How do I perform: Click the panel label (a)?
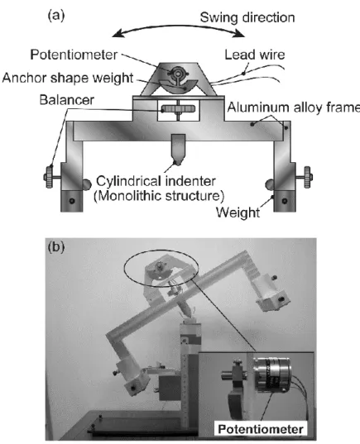coord(56,16)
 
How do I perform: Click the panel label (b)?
coord(56,247)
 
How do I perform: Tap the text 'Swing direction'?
coord(247,17)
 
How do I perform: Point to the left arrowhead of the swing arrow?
coord(117,34)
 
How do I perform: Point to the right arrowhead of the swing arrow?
coord(240,34)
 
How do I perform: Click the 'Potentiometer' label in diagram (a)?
coord(74,55)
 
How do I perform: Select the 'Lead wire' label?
coord(255,55)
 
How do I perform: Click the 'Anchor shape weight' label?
coord(68,78)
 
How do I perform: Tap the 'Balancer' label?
coord(66,100)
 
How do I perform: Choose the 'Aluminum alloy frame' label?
coord(294,107)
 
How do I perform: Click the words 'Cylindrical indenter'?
coord(156,181)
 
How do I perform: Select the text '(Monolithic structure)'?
coord(159,196)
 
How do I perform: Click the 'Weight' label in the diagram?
coord(238,212)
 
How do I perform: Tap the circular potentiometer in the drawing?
coord(178,74)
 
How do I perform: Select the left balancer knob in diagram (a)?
coord(50,177)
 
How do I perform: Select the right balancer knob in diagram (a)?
coord(307,177)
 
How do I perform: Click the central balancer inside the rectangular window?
coord(178,109)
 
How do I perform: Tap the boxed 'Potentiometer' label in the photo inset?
coord(261,429)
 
